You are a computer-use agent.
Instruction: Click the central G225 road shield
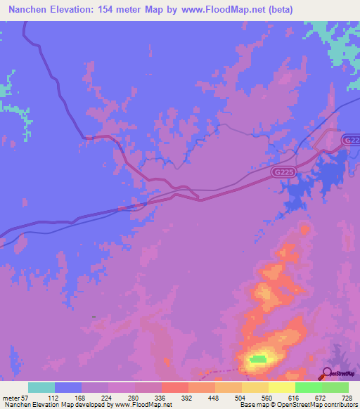pos(283,171)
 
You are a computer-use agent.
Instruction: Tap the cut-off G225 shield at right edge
pos(352,141)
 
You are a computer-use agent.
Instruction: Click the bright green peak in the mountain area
pos(258,359)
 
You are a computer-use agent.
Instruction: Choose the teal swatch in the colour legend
pos(41,387)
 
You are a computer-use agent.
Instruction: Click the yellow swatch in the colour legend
pos(255,387)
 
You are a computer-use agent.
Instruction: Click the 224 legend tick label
pos(108,397)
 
